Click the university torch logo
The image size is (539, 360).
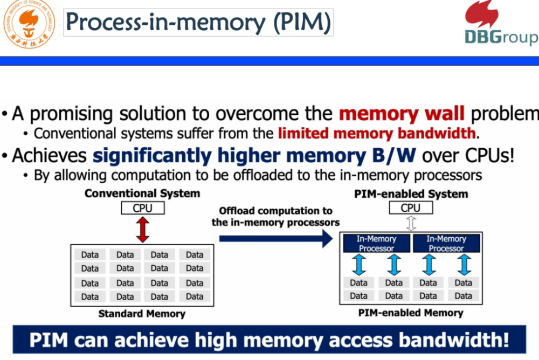pos(29,24)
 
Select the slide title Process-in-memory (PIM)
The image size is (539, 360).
pos(198,23)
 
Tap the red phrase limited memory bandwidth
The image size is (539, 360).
pos(377,133)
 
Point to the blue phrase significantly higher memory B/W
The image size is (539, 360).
pos(255,155)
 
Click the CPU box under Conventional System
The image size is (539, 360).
pos(142,208)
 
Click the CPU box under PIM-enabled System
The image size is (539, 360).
pos(411,207)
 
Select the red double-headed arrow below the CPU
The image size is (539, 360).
pos(142,230)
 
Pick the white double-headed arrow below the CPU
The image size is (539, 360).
pos(411,223)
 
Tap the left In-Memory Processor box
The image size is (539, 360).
pos(376,243)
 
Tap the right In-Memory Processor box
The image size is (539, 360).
pos(446,243)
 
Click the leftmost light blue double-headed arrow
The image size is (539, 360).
pos(360,265)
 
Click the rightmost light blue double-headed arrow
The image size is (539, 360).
pos(464,265)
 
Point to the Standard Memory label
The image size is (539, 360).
pos(142,314)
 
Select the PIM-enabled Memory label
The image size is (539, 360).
pos(411,313)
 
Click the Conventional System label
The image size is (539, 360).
pos(142,193)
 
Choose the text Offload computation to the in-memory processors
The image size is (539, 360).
pos(275,216)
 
